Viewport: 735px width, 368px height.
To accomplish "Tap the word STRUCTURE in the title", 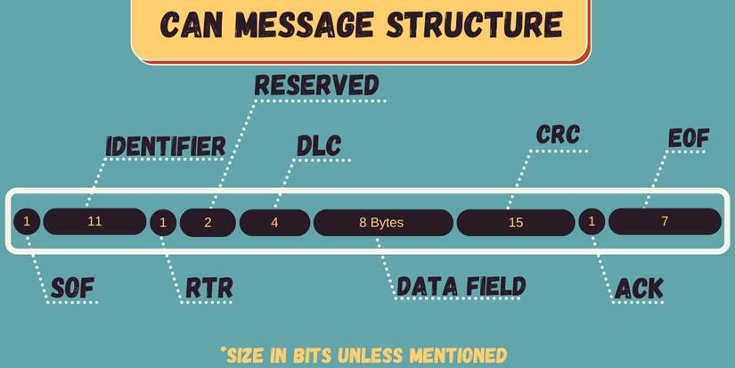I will (x=473, y=26).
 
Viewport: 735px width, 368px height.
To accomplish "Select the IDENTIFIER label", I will (x=166, y=147).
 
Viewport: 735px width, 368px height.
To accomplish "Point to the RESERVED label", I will (x=317, y=86).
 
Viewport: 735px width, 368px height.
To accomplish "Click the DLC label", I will (x=319, y=146).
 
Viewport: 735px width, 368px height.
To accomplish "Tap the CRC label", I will (x=559, y=135).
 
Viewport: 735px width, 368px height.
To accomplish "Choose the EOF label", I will (x=689, y=139).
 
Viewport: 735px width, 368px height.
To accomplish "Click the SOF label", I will (x=72, y=288).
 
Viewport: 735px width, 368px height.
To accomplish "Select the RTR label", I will (x=209, y=288).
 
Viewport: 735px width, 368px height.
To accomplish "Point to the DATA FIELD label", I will (x=461, y=287).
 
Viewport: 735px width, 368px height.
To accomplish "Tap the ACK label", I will (x=639, y=288).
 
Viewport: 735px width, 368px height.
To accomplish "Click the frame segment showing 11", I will (x=94, y=221).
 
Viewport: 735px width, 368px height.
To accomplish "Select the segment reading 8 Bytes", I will (x=382, y=222).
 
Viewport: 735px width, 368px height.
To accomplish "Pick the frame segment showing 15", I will (x=516, y=222).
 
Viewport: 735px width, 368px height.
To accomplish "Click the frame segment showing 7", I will (x=665, y=221).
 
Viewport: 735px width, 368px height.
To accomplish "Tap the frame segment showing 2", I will (x=208, y=222).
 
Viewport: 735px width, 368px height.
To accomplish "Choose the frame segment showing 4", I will (x=274, y=222).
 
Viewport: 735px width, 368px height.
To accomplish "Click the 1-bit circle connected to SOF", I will (x=28, y=221).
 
